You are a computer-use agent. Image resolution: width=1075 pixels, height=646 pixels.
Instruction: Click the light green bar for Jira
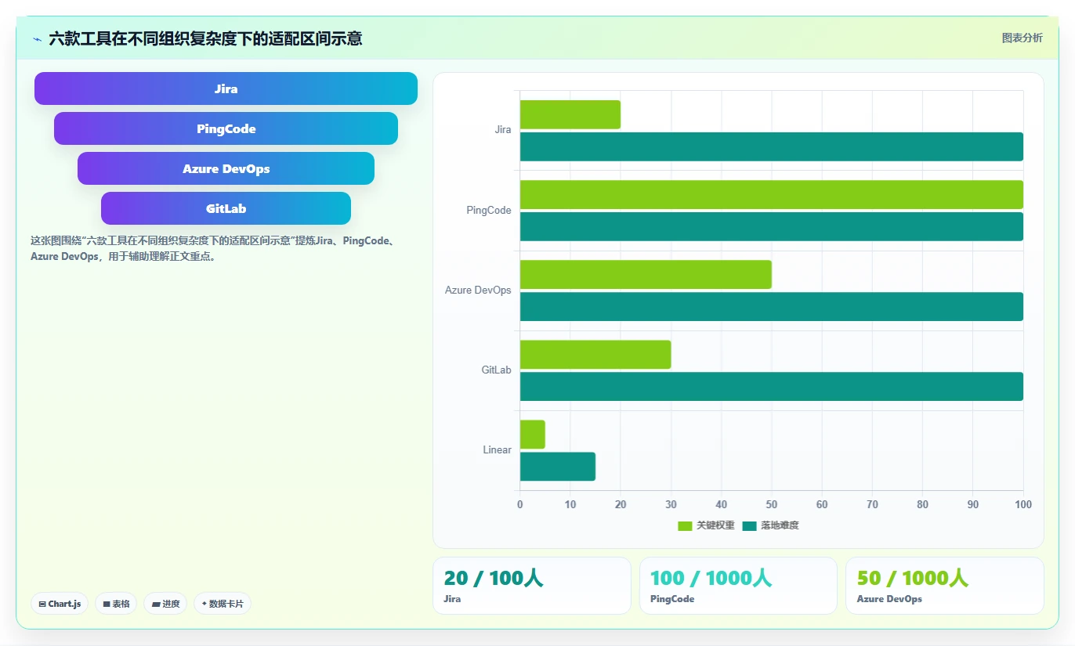570,114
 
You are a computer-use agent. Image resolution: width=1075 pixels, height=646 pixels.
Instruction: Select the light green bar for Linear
533,435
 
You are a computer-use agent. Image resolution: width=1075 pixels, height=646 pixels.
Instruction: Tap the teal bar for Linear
558,466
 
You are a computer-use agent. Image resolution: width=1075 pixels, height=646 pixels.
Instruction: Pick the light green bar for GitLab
595,355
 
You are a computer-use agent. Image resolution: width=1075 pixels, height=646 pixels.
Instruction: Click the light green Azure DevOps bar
646,274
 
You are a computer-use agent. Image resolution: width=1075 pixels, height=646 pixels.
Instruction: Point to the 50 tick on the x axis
771,504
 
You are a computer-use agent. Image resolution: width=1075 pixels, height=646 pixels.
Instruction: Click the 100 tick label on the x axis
1023,504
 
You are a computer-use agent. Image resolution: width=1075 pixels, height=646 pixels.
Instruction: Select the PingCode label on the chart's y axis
489,210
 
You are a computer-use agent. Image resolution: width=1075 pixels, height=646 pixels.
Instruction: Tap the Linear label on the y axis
497,449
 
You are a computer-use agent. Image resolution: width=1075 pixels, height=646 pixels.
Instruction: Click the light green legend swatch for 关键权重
685,526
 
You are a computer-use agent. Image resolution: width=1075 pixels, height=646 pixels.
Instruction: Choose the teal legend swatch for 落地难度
749,526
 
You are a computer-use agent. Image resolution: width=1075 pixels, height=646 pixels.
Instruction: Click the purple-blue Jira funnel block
226,88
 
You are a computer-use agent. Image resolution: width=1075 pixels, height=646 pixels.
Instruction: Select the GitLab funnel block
226,208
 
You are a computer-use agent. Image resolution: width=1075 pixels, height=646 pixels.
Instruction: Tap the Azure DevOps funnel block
226,169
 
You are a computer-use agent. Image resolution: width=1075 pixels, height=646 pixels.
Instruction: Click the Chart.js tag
60,604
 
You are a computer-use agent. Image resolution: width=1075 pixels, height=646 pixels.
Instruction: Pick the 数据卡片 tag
223,604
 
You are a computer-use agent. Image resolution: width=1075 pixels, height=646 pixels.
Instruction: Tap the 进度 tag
165,604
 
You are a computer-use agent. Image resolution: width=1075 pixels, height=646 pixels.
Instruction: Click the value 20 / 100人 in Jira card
494,579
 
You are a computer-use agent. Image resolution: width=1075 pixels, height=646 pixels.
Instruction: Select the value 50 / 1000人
912,579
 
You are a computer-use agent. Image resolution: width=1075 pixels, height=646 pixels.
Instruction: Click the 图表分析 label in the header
1023,38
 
